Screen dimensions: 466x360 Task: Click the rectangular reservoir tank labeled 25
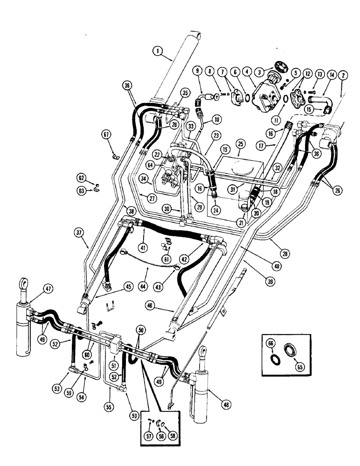238,168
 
